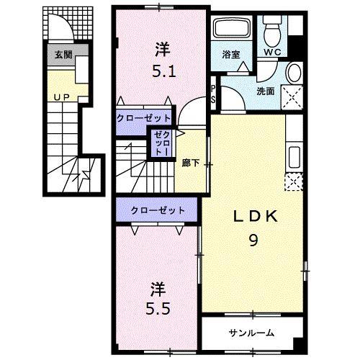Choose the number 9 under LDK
tap(254, 241)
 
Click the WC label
tap(273, 53)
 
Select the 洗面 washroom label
tap(266, 91)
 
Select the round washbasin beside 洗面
tap(294, 73)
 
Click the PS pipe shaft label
tap(213, 94)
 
